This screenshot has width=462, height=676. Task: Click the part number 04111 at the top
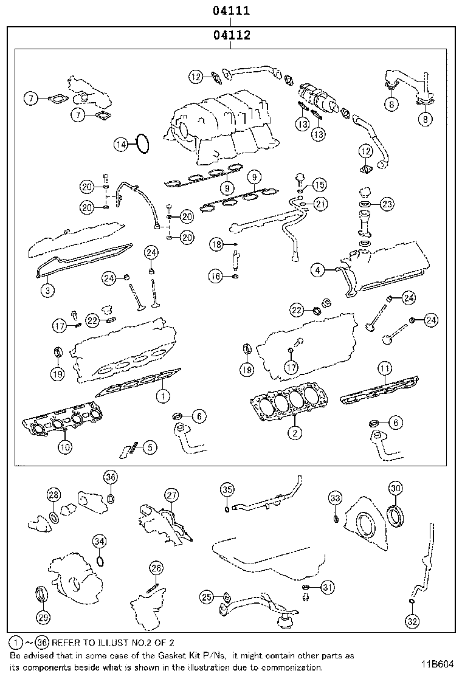(231, 12)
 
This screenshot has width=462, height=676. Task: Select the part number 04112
(231, 35)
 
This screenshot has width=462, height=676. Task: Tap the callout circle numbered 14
(121, 144)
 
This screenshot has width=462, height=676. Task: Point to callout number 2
(294, 433)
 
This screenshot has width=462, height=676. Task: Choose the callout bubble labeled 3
(46, 291)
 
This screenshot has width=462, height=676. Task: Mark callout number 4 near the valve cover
(317, 269)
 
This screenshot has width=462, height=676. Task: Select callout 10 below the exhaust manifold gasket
(64, 447)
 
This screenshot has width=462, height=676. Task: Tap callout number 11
(383, 368)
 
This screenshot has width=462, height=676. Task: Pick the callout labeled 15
(319, 184)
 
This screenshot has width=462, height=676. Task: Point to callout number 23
(387, 204)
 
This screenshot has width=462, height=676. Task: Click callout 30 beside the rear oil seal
(395, 488)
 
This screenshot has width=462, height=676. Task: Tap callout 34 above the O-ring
(100, 541)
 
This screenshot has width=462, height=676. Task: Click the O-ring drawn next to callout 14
(142, 144)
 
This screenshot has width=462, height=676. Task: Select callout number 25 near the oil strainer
(207, 598)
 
